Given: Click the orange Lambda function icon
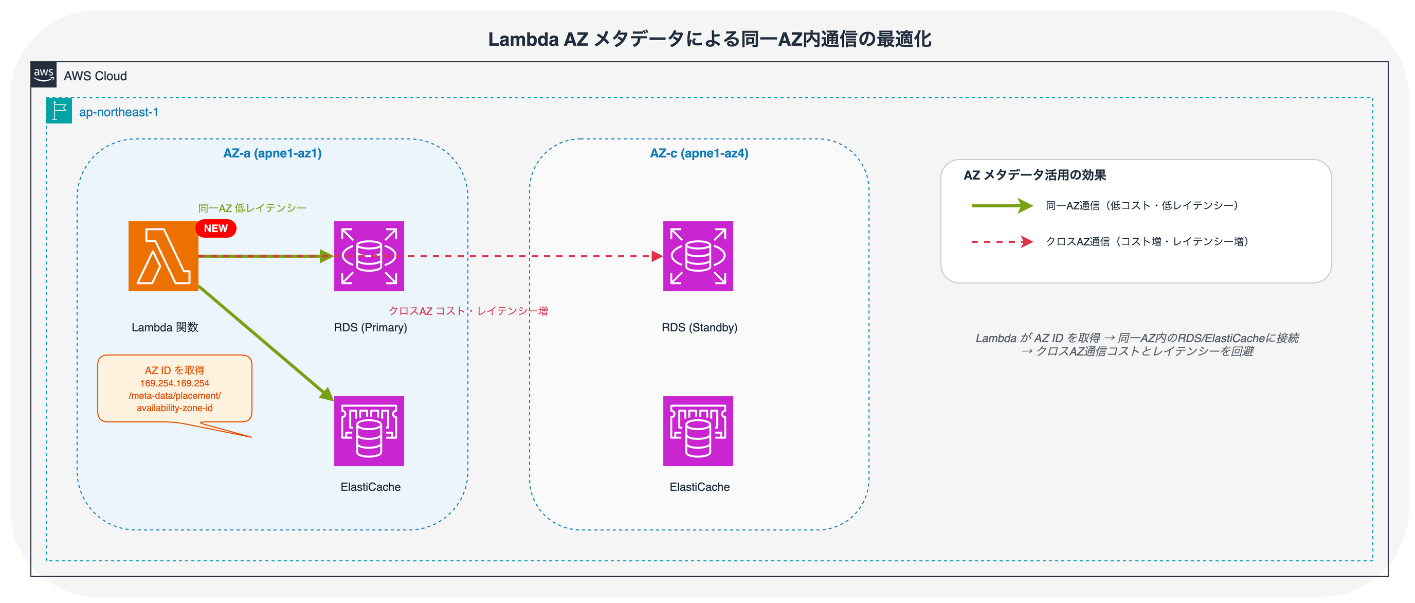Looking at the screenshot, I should pos(163,256).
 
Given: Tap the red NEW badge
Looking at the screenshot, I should pos(216,228).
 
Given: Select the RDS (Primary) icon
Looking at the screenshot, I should pos(369,256).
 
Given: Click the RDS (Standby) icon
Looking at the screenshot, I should pos(698,256).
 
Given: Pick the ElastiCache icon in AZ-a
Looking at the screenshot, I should pos(369,431).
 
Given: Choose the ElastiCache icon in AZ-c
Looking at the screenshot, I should pos(698,431).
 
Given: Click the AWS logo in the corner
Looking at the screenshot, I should pos(43,75).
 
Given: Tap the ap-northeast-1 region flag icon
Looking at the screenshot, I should pos(59,111).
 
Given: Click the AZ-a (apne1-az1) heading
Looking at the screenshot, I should pos(273,153).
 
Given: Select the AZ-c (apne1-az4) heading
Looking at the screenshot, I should pos(699,153).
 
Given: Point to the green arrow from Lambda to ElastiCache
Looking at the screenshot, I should pos(264,341).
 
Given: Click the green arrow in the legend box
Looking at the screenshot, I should pos(1002,206).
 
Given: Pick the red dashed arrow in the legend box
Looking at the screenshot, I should pos(1002,242).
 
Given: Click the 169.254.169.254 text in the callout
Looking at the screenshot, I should pos(175,383).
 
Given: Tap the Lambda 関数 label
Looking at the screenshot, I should pos(165,328).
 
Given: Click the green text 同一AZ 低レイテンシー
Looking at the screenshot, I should pos(252,208).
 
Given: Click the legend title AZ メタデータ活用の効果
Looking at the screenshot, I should pos(1035,175).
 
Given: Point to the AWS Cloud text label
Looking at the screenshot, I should pos(95,76).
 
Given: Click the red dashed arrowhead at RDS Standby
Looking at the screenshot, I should pos(657,256).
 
